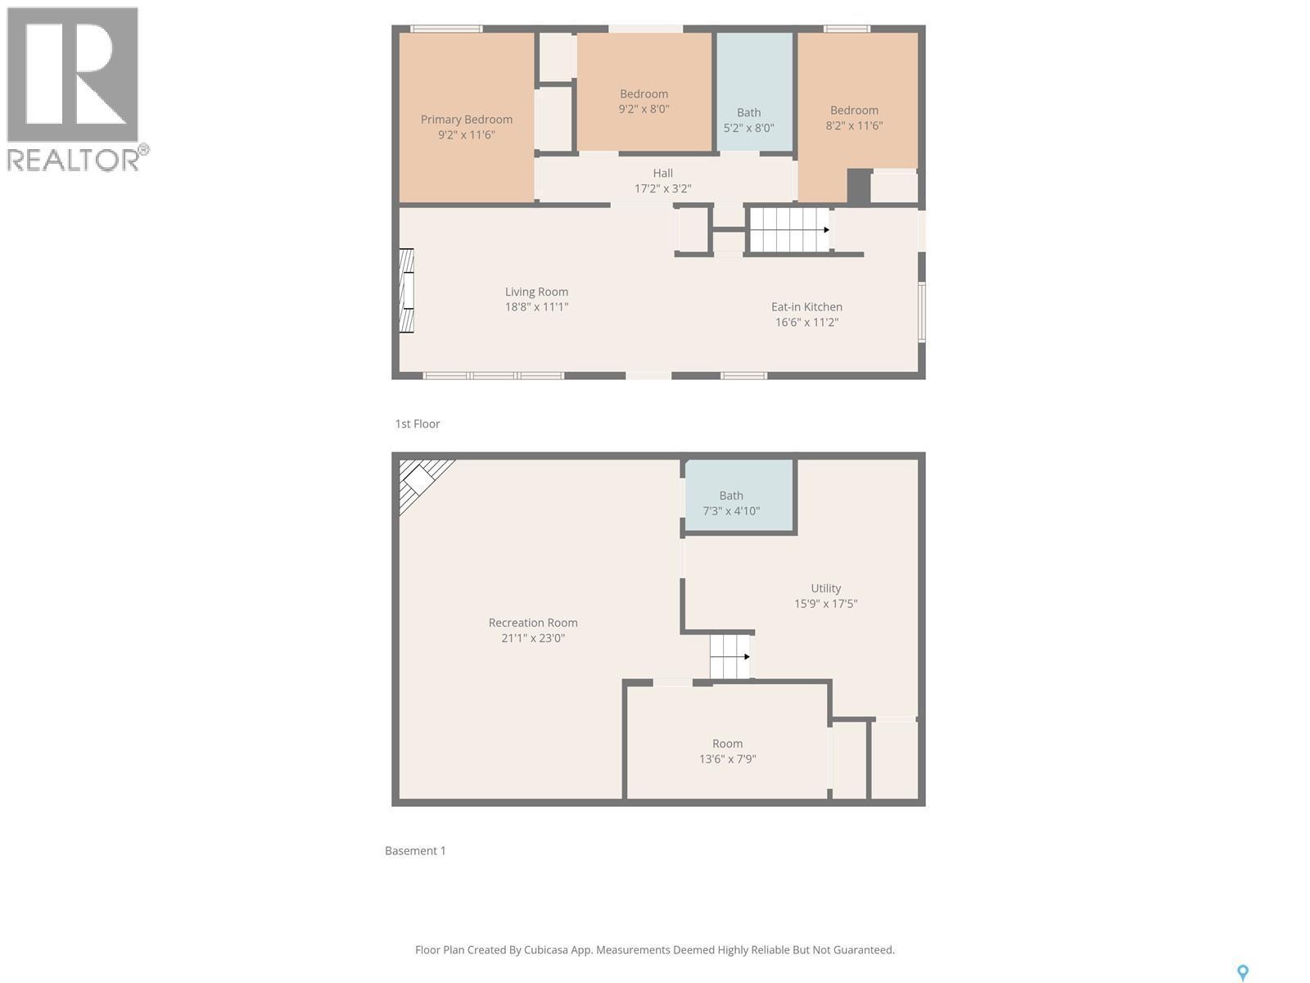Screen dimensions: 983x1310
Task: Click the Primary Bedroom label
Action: tap(467, 120)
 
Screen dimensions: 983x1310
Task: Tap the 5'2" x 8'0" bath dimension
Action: tap(748, 128)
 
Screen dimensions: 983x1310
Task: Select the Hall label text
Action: tap(663, 173)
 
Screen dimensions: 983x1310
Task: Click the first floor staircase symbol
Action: tap(789, 230)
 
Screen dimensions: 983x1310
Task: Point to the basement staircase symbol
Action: tap(730, 656)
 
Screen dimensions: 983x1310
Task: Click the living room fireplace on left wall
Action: tap(406, 291)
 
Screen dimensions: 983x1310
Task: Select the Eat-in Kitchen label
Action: tap(806, 306)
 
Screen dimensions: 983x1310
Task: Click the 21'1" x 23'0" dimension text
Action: tap(533, 638)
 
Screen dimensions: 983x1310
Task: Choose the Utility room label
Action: tap(825, 588)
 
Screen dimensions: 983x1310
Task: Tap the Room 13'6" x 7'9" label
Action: tap(727, 744)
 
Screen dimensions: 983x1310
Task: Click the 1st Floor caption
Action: tap(418, 424)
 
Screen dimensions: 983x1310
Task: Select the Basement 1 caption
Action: tap(415, 850)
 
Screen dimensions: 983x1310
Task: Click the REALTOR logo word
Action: tap(74, 160)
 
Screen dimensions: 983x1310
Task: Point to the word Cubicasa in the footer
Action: tap(548, 950)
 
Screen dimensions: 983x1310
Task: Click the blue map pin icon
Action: tap(1242, 972)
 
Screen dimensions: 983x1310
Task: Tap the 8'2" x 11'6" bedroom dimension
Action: tap(854, 125)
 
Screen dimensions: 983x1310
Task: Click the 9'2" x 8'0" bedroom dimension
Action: tap(644, 109)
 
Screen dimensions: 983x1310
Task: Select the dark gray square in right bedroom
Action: tap(858, 186)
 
